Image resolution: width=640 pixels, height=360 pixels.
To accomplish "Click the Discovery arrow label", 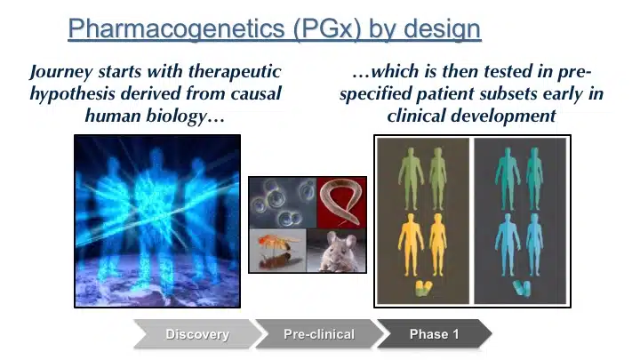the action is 197,334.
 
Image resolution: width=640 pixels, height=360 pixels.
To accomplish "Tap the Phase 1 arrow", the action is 434,334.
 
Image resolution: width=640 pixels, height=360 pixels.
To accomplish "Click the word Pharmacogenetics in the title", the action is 176,29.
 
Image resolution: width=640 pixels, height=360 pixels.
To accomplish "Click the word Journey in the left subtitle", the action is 61,72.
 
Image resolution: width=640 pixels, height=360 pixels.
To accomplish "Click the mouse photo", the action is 336,251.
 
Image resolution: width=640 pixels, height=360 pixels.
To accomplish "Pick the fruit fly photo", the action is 277,251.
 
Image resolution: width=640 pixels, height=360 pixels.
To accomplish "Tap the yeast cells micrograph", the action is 283,203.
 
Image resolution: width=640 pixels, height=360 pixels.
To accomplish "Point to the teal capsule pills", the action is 522,287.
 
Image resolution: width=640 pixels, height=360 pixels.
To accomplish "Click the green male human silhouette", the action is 411,179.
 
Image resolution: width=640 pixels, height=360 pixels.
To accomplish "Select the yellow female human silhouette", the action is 438,245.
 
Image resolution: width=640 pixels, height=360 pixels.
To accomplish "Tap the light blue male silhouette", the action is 508,245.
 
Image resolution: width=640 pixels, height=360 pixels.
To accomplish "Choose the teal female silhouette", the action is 534,179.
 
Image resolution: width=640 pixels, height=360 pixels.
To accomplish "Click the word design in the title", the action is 442,29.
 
